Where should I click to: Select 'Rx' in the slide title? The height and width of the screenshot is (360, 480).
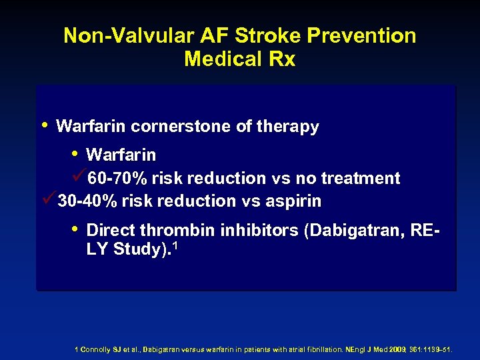(282, 59)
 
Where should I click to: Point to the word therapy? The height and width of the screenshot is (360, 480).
(287, 127)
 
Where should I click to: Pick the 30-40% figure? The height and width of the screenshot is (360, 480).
(88, 201)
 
